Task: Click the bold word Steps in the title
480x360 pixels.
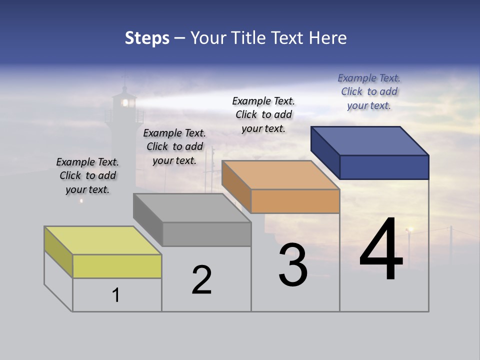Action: tap(147, 38)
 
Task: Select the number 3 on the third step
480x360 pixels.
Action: tap(293, 265)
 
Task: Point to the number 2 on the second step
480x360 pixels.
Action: tap(202, 280)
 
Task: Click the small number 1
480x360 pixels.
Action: tap(116, 295)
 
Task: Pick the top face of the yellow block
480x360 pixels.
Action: tap(103, 240)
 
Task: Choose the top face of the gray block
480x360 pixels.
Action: tap(192, 208)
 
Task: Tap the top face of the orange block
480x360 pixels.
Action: tap(280, 175)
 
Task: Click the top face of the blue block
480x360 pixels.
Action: tap(370, 141)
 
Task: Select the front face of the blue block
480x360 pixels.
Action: tap(384, 167)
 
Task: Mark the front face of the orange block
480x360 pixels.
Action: tap(295, 201)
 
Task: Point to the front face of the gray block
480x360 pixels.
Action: tap(206, 234)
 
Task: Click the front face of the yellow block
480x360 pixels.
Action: tap(117, 266)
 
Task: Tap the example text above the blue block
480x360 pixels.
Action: tap(369, 91)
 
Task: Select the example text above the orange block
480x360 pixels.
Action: tap(263, 114)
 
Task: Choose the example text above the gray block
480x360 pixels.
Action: tap(174, 146)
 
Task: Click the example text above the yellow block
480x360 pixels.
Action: tap(87, 175)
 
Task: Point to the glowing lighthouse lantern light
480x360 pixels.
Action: tap(125, 103)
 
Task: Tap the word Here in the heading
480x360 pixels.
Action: tap(328, 38)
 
